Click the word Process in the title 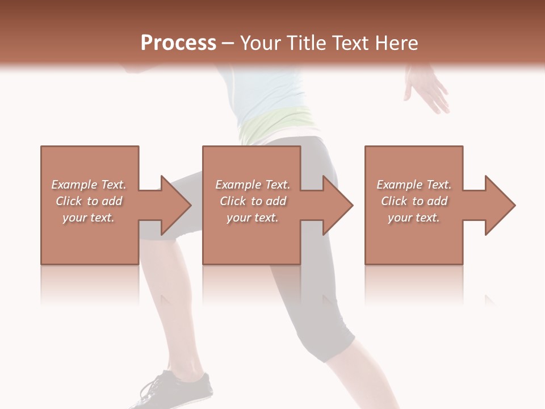(x=178, y=43)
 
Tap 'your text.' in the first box (x=89, y=218)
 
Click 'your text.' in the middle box (x=253, y=218)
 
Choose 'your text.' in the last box (x=414, y=218)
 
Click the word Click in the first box (x=69, y=201)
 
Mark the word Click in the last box (x=395, y=201)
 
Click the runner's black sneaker (x=176, y=390)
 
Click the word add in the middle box (x=276, y=201)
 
